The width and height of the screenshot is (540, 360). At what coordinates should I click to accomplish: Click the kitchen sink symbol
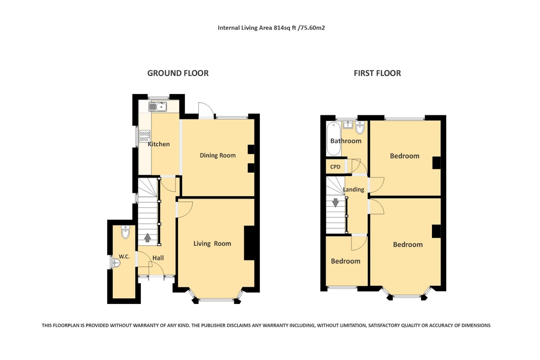(158, 107)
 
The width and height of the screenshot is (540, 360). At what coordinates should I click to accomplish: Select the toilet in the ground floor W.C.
(125, 232)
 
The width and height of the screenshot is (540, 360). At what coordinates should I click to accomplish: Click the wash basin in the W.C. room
(116, 263)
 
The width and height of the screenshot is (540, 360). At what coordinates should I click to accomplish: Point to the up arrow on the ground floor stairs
(147, 237)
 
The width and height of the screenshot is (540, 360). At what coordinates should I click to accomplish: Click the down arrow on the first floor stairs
(335, 202)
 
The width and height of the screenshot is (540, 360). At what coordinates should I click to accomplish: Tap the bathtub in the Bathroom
(333, 139)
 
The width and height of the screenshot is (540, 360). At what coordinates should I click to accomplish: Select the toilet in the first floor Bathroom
(360, 128)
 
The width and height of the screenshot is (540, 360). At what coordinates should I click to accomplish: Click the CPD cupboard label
(335, 167)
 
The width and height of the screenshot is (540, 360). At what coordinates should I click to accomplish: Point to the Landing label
(354, 189)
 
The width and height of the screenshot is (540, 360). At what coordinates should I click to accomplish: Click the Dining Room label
(217, 155)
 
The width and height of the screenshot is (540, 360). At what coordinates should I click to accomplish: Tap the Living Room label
(212, 244)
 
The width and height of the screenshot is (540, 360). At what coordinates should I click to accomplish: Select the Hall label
(158, 258)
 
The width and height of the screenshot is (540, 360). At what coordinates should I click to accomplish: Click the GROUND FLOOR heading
(178, 73)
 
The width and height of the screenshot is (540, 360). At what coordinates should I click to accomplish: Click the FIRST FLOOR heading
(377, 73)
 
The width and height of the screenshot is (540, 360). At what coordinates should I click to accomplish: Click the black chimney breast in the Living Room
(249, 243)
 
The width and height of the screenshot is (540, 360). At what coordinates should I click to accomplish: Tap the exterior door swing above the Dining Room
(205, 110)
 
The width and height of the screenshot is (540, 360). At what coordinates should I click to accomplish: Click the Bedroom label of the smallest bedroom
(345, 261)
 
